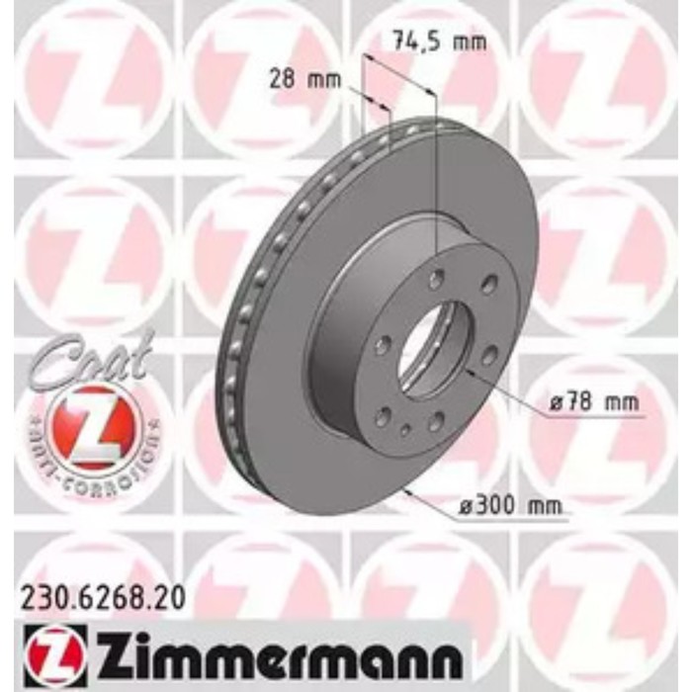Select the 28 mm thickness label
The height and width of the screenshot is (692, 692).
(x=304, y=80)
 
